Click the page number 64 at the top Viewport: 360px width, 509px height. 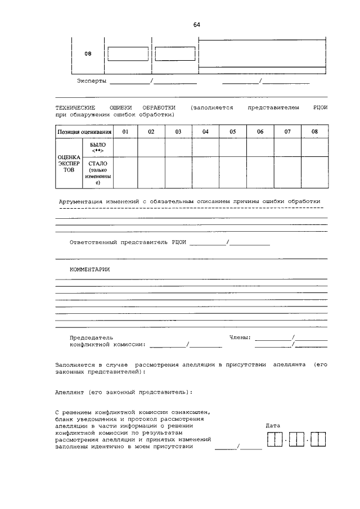click(196, 25)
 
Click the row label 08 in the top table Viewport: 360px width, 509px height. click(88, 53)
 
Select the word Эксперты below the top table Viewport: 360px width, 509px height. click(91, 82)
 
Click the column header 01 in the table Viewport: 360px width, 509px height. click(125, 132)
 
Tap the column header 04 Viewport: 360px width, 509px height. click(205, 132)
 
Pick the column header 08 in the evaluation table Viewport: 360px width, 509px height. click(314, 132)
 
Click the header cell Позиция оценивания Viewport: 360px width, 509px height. click(84, 132)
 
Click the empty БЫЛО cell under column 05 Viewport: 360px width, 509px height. click(232, 147)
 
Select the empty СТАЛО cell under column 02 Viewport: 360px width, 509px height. click(151, 172)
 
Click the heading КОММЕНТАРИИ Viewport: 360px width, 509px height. click(89, 269)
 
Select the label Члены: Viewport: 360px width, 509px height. click(240, 337)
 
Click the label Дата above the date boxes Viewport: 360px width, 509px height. click(273, 426)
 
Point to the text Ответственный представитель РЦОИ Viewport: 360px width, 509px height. click(128, 242)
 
